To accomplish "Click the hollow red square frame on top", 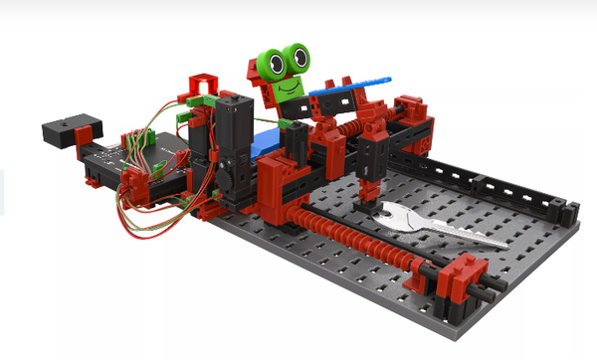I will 202,83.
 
